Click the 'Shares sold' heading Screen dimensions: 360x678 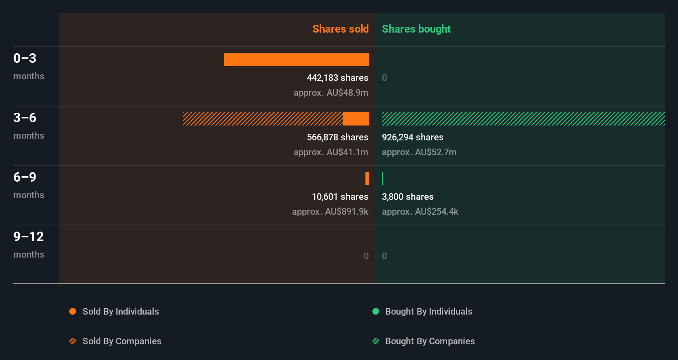pyautogui.click(x=340, y=29)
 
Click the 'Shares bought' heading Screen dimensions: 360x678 pyautogui.click(x=416, y=29)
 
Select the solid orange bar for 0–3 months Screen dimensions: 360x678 pyautogui.click(x=296, y=59)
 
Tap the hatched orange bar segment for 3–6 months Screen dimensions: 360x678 pyautogui.click(x=263, y=119)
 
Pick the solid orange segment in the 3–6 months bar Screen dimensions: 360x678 pyautogui.click(x=356, y=119)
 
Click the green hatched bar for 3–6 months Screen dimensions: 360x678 pyautogui.click(x=523, y=119)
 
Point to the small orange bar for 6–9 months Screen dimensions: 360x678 pyautogui.click(x=367, y=178)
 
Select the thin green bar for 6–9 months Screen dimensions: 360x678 pyautogui.click(x=383, y=178)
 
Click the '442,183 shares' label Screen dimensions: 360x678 pyautogui.click(x=337, y=78)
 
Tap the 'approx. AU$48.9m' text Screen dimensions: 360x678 pyautogui.click(x=331, y=92)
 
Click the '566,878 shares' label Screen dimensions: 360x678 pyautogui.click(x=337, y=137)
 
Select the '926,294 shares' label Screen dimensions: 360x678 pyautogui.click(x=412, y=137)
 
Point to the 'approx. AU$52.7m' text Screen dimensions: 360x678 pyautogui.click(x=419, y=152)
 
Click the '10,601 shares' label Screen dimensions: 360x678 pyautogui.click(x=340, y=197)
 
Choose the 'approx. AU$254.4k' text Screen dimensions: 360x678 pyautogui.click(x=420, y=211)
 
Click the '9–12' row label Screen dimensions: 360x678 pyautogui.click(x=28, y=237)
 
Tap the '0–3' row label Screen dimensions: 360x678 pyautogui.click(x=25, y=58)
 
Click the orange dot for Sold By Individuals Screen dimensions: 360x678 pyautogui.click(x=73, y=311)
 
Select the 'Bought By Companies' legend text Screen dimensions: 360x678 pyautogui.click(x=430, y=341)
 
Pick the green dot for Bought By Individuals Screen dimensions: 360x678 pyautogui.click(x=376, y=311)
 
